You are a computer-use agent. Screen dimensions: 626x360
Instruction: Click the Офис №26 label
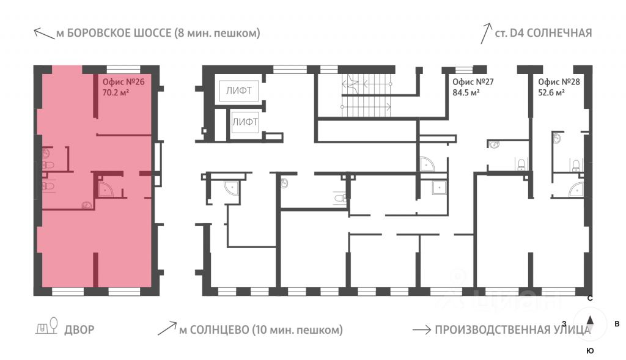click(x=123, y=83)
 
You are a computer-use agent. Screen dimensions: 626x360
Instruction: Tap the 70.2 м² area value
click(x=116, y=93)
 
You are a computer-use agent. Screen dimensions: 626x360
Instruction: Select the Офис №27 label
click(x=473, y=83)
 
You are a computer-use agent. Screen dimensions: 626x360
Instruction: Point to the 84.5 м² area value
click(x=465, y=93)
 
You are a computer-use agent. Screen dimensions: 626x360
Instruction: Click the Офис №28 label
click(x=559, y=83)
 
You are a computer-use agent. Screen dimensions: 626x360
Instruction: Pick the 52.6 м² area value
click(x=551, y=93)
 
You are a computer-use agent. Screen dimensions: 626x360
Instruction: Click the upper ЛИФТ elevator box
click(x=239, y=91)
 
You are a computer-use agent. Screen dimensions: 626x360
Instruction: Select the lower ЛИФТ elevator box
click(x=245, y=122)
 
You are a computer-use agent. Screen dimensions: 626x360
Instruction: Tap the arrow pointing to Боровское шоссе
click(x=44, y=34)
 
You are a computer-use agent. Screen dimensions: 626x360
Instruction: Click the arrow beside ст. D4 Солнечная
click(x=486, y=34)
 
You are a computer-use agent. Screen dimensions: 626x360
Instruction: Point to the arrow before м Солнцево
click(x=167, y=328)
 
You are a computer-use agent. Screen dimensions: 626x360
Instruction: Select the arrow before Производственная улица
click(x=422, y=329)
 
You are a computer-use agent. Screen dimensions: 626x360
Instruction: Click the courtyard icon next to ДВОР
click(x=46, y=326)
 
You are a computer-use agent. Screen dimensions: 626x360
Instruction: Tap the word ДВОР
click(x=79, y=330)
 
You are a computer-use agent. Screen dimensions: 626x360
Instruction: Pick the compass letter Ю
click(x=590, y=351)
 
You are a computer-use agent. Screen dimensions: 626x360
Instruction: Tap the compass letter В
click(x=617, y=324)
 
